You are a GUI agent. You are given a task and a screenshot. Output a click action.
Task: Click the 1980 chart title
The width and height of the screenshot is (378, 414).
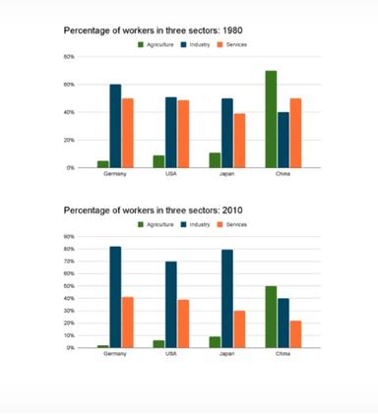[153, 30]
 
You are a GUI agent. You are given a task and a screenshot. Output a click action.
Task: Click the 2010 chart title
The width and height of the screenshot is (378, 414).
[153, 210]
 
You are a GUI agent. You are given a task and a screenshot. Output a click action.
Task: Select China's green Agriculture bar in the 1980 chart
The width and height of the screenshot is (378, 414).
[271, 119]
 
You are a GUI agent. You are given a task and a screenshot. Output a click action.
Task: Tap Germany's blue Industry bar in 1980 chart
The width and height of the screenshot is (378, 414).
[115, 126]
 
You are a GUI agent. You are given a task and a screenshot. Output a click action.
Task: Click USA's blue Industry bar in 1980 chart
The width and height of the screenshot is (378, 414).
[171, 133]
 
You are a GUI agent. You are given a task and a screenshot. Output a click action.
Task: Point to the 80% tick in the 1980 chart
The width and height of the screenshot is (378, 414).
[70, 57]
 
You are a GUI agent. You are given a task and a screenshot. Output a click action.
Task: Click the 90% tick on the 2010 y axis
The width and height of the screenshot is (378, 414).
[70, 237]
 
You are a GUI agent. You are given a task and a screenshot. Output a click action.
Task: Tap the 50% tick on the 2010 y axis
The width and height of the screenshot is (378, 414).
[70, 286]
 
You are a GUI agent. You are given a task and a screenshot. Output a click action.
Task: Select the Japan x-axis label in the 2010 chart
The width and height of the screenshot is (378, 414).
[227, 354]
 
